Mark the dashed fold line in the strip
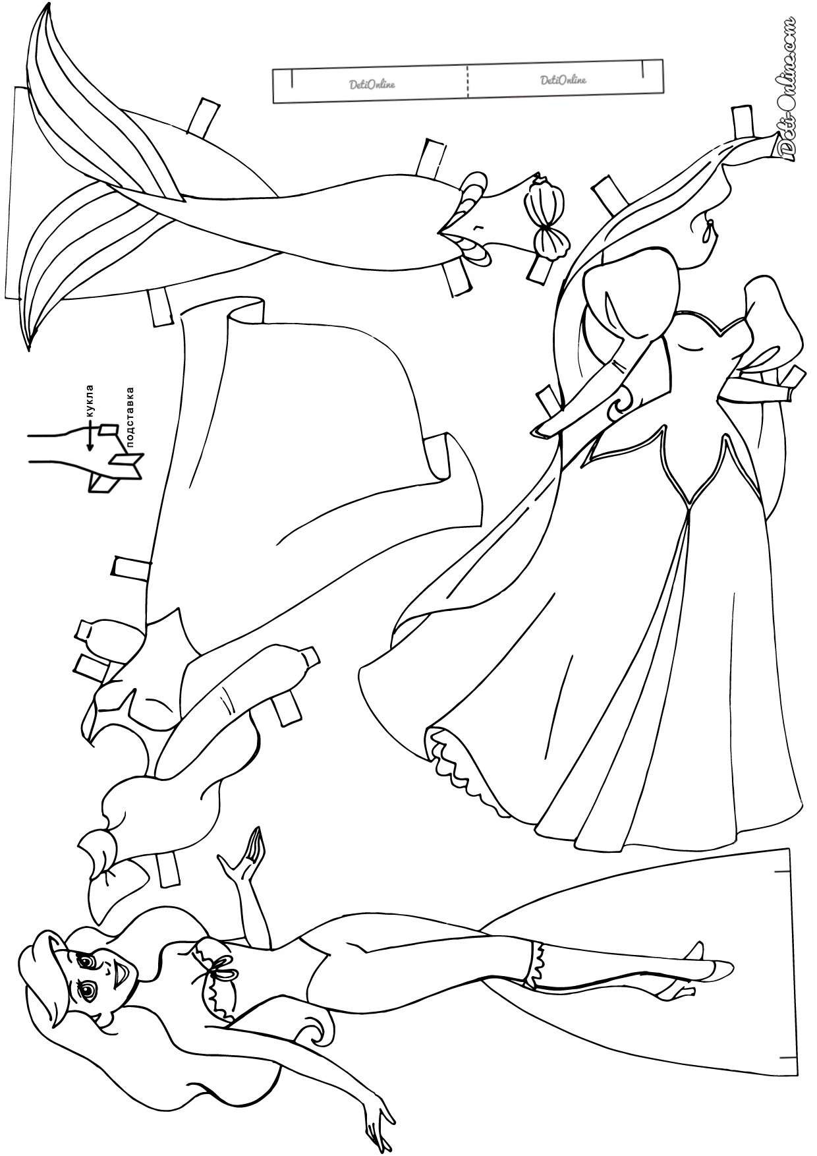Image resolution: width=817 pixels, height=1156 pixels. (468, 81)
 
